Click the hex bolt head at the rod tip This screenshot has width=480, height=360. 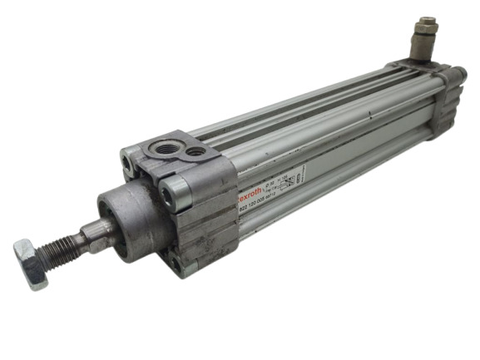(x=30, y=262)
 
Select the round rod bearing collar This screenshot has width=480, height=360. (x=125, y=219)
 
